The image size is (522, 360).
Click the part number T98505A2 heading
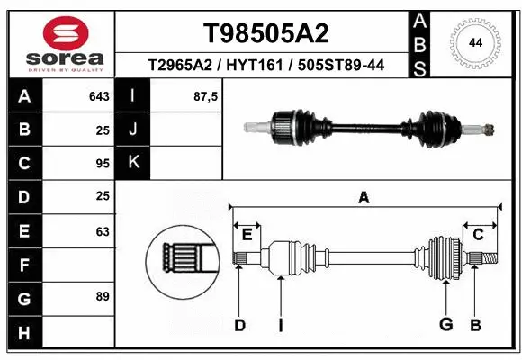click(265, 33)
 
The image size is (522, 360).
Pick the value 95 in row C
click(102, 164)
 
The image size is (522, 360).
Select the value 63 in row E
click(102, 231)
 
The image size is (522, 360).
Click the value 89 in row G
click(102, 296)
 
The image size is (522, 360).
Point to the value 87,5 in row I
click(206, 96)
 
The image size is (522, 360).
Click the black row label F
click(23, 265)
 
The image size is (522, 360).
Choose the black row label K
click(134, 163)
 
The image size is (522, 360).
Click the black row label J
click(134, 130)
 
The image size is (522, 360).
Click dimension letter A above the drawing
click(364, 197)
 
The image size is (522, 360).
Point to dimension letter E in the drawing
click(247, 236)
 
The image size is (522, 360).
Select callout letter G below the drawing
click(445, 325)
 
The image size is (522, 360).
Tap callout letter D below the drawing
click(239, 325)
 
